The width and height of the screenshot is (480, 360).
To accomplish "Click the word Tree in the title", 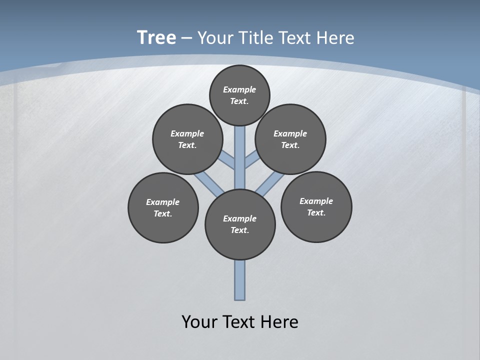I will [x=156, y=37].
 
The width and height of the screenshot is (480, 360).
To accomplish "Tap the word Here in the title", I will [x=334, y=37].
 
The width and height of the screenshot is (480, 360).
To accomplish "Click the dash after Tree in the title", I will [x=186, y=38].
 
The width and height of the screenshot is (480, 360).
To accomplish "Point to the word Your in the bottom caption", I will [x=199, y=321].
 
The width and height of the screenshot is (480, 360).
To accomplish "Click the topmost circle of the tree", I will [x=239, y=95].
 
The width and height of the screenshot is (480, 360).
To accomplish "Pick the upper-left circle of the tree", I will [x=187, y=139].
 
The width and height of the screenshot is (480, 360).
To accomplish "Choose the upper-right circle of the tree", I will [x=290, y=139].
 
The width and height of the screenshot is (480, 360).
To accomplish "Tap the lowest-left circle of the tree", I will [x=163, y=207].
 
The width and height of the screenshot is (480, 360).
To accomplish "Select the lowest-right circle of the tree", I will [x=316, y=206].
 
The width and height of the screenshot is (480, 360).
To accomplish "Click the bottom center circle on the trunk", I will [x=240, y=224].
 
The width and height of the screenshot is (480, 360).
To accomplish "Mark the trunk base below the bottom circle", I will [x=240, y=280].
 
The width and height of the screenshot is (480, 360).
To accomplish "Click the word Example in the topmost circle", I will [x=239, y=89].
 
